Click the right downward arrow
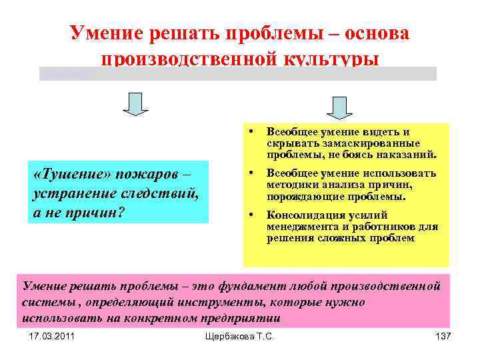(x=339, y=107)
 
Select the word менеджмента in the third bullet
(x=300, y=227)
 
